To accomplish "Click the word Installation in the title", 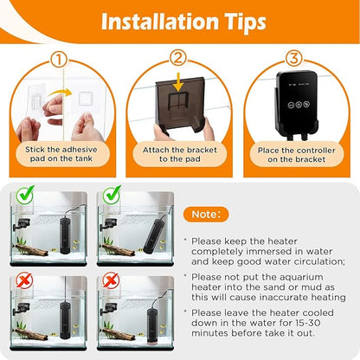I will coord(150,22).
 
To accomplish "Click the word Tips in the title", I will coord(237,22).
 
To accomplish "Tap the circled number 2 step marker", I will coord(179,59).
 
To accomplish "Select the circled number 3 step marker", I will coord(294,59).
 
